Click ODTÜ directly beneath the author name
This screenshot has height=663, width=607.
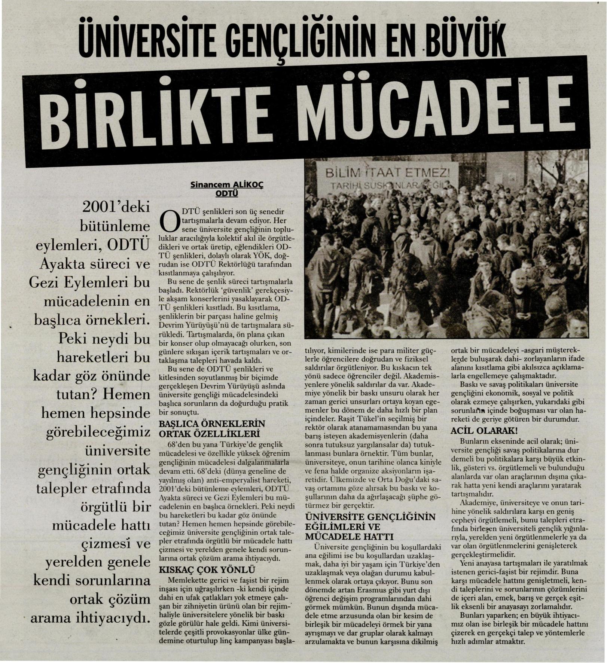click(x=227, y=193)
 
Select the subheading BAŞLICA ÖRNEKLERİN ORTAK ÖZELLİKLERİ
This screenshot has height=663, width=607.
click(x=212, y=429)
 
